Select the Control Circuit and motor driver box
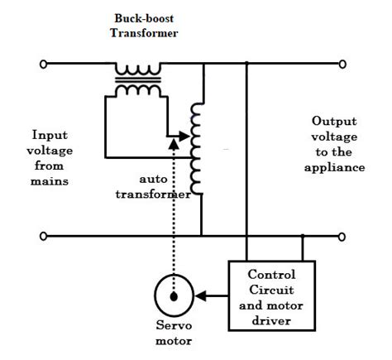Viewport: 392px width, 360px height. point(271,295)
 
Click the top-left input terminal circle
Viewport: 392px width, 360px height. point(43,62)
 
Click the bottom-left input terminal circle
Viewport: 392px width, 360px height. point(43,237)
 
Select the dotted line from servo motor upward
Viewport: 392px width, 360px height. point(173,215)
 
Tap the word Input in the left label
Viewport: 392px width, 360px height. point(50,134)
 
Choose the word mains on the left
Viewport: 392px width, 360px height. point(50,180)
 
